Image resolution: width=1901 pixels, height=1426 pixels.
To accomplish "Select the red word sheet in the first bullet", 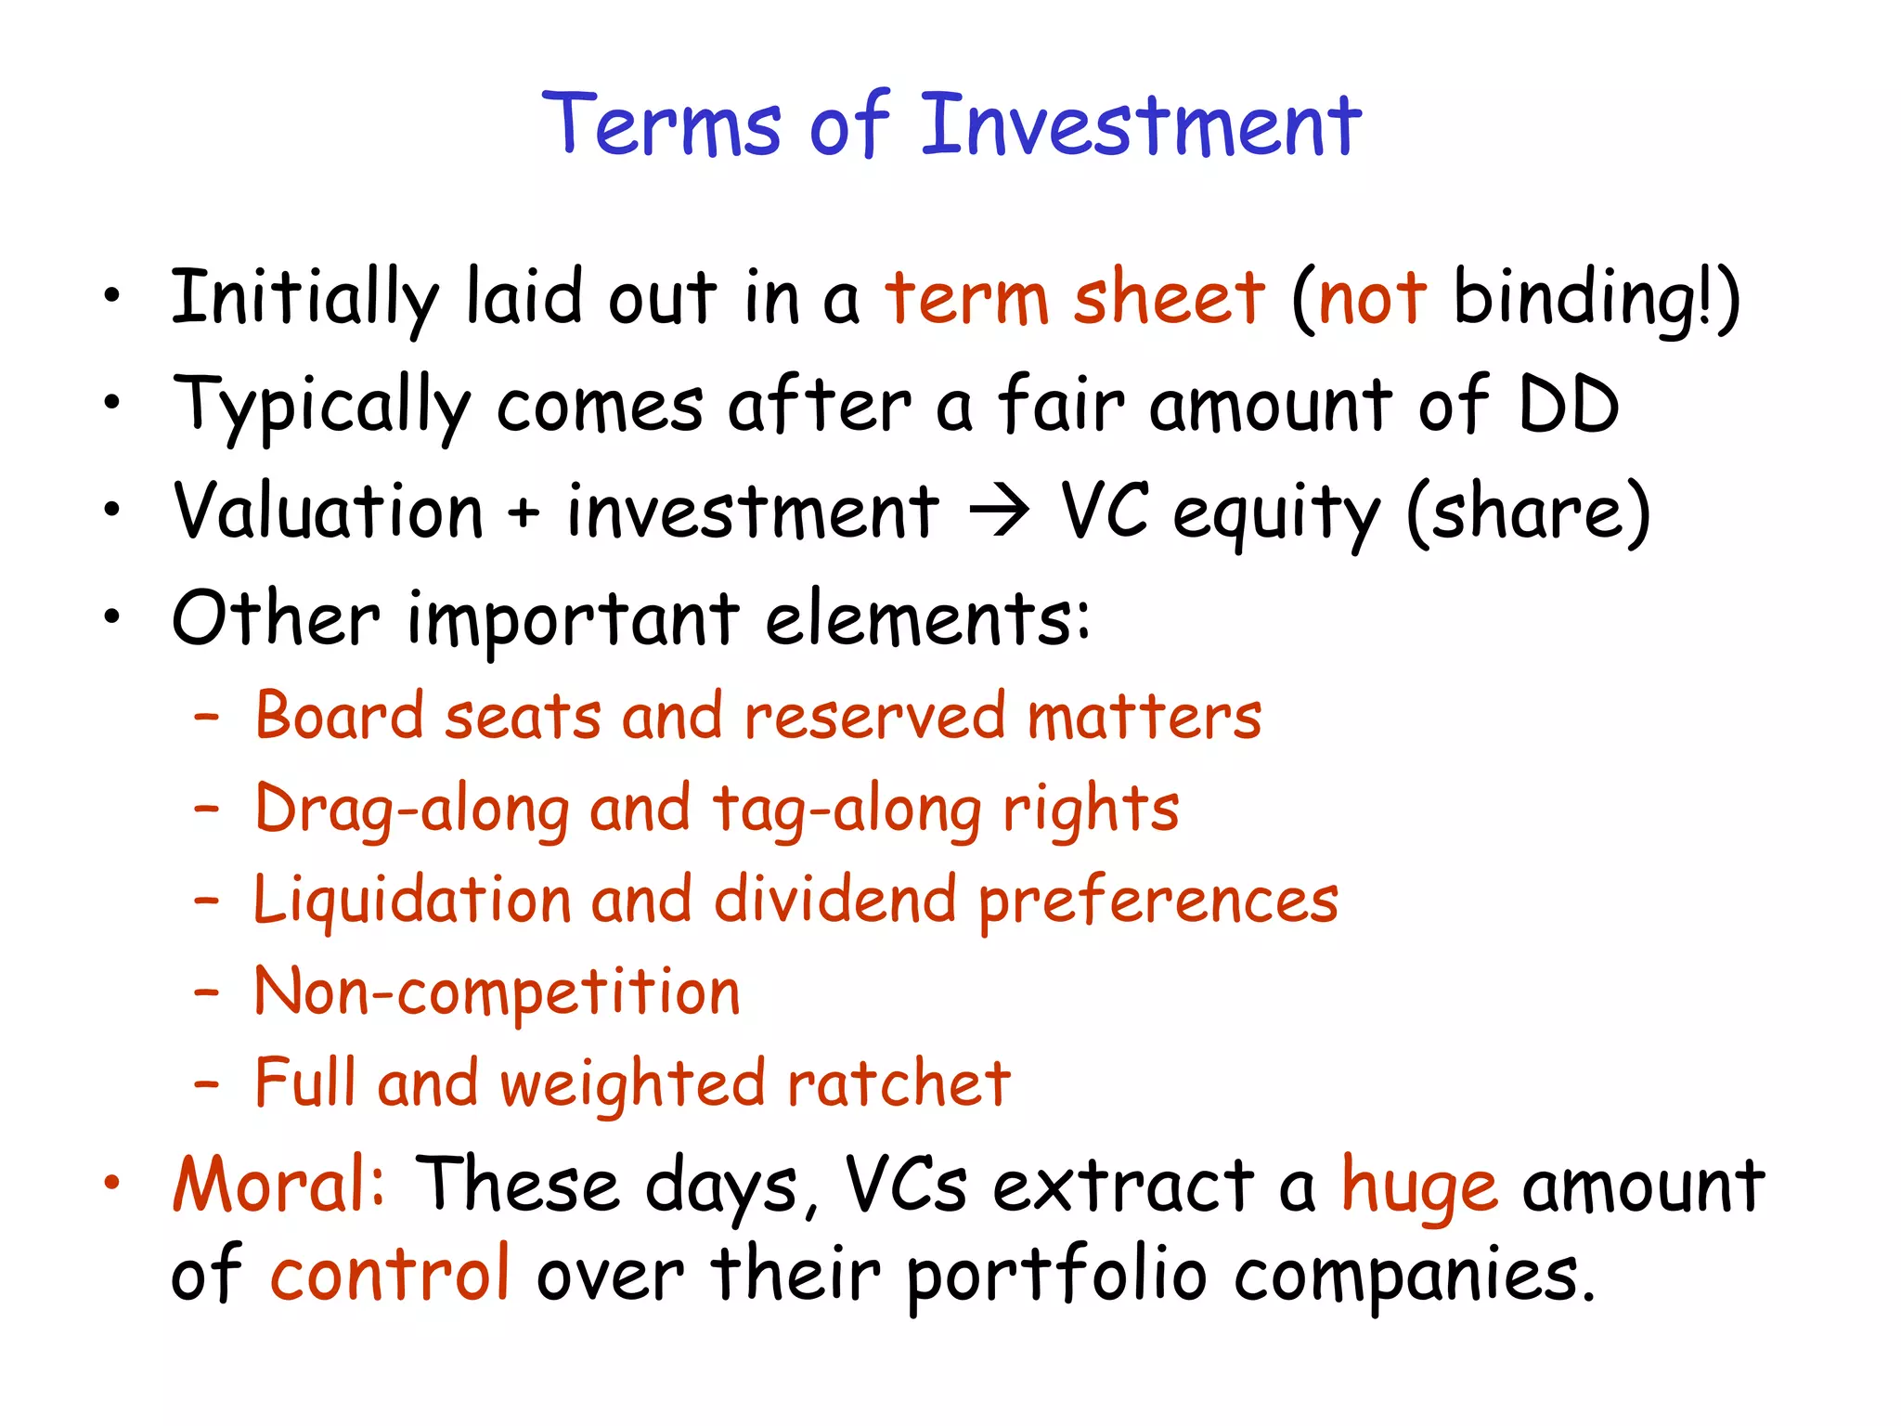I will (x=1169, y=299).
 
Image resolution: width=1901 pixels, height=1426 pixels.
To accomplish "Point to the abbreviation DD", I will (x=1568, y=406).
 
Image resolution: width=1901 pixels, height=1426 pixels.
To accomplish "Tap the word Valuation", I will (x=329, y=512).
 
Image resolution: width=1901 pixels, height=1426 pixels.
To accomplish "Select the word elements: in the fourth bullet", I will (x=927, y=619).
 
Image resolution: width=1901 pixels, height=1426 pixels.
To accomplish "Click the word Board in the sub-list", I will (x=338, y=717).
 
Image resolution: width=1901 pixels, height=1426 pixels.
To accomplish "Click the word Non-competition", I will (x=498, y=992).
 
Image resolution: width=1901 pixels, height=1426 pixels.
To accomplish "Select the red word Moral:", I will (x=278, y=1186).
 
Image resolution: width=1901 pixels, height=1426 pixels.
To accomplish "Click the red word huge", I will (x=1418, y=1189).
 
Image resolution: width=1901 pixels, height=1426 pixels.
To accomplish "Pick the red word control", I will (x=390, y=1274).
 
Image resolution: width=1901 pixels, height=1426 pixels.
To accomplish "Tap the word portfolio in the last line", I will (x=1056, y=1277).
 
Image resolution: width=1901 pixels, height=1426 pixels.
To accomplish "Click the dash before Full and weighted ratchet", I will (x=206, y=1084).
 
